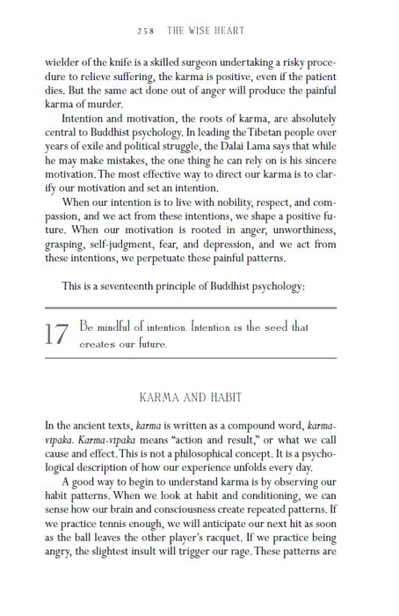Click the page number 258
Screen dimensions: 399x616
click(148, 29)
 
